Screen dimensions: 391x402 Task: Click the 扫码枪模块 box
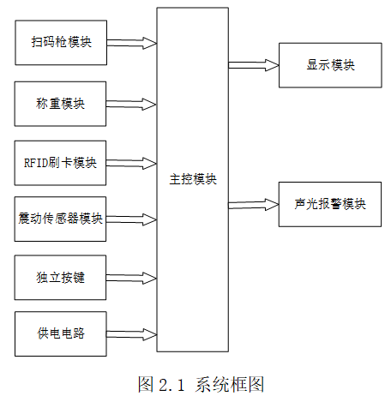61,43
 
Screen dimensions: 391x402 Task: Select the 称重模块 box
60,104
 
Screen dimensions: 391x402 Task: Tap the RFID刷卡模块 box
60,163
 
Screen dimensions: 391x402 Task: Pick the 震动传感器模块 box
60,219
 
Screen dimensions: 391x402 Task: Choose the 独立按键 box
60,278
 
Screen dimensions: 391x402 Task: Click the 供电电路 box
61,333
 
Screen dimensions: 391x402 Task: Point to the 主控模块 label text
193,179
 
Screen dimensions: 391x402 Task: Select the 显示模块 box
330,65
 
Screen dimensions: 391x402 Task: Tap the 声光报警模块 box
330,204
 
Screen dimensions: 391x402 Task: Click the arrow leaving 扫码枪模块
132,43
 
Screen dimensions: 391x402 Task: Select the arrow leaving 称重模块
131,105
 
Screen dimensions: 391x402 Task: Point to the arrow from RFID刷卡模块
131,164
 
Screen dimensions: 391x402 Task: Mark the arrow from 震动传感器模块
131,219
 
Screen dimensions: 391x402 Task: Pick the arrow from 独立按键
131,278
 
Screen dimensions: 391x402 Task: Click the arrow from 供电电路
131,334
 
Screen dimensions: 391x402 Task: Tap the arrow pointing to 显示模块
254,65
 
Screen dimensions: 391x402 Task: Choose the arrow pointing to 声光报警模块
253,205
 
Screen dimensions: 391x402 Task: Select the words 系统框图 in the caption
230,384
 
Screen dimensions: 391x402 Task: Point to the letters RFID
36,163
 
